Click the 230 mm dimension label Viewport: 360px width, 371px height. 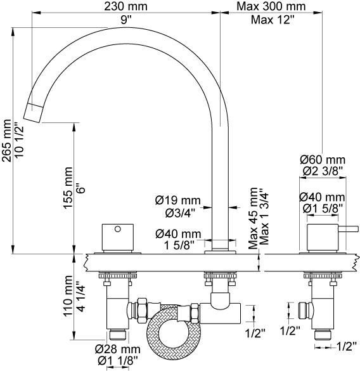[x=125, y=6]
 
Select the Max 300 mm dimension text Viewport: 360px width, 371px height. [x=271, y=6]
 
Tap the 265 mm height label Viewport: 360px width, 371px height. [x=6, y=141]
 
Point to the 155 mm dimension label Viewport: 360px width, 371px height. [x=68, y=188]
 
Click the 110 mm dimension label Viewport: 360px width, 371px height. [x=68, y=296]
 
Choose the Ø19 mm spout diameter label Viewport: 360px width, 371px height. [x=177, y=200]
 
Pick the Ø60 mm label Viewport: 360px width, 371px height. [x=323, y=160]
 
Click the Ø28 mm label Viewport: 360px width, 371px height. [x=117, y=349]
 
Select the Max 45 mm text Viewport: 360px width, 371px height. [x=253, y=218]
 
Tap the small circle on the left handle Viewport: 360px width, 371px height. [x=117, y=229]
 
